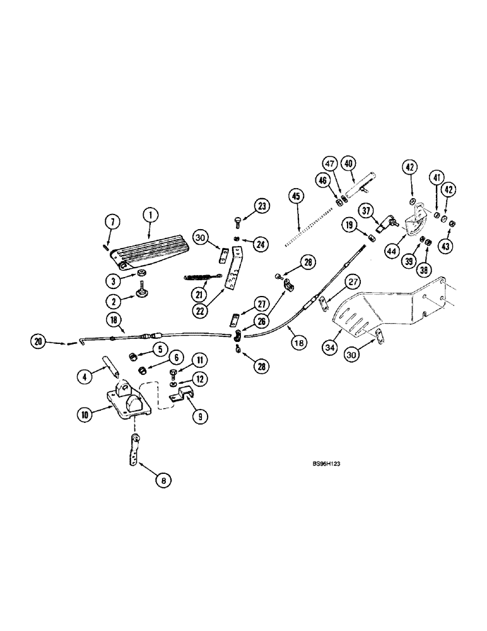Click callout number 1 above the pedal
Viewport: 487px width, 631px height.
150,215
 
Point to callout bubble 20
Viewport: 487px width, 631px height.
38,341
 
